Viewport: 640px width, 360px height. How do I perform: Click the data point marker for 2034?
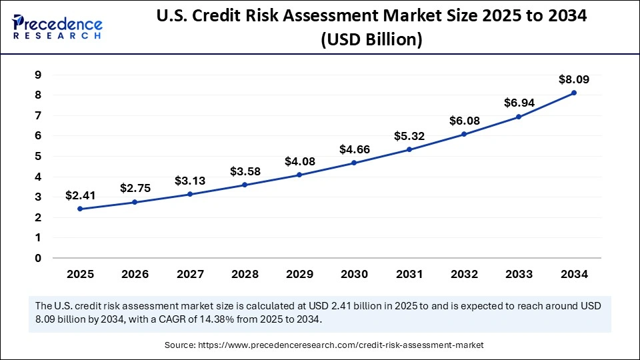pyautogui.click(x=574, y=93)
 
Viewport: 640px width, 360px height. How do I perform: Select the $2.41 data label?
pyautogui.click(x=80, y=195)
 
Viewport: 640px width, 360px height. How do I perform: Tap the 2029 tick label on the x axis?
pyautogui.click(x=299, y=274)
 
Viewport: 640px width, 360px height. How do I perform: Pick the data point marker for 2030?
pyautogui.click(x=354, y=163)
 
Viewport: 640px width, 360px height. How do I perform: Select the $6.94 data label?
pyautogui.click(x=519, y=103)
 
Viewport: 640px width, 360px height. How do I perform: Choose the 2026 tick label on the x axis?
pyautogui.click(x=135, y=274)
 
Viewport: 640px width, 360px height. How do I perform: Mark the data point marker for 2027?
pyautogui.click(x=190, y=194)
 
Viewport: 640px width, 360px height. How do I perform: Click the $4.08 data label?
pyautogui.click(x=299, y=161)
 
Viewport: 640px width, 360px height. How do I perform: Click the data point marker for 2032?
pyautogui.click(x=464, y=134)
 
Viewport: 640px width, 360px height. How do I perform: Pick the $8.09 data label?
pyautogui.click(x=574, y=79)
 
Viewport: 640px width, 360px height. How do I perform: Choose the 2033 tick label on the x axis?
pyautogui.click(x=519, y=274)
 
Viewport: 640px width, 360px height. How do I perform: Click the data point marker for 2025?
pyautogui.click(x=80, y=209)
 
